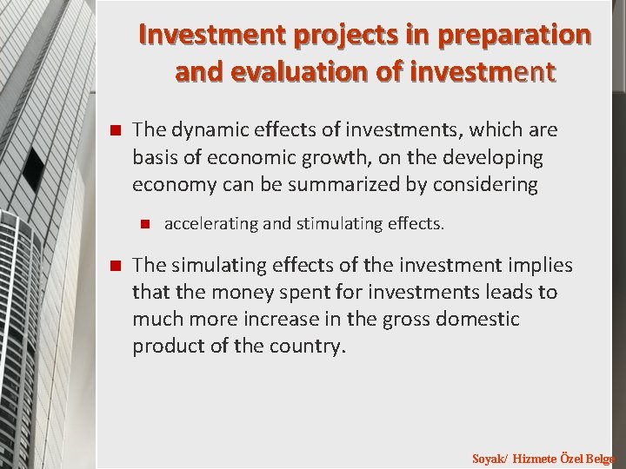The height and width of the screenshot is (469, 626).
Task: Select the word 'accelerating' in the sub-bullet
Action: point(210,224)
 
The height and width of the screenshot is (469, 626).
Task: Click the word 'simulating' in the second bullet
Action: point(213,265)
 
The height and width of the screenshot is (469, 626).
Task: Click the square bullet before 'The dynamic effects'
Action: point(112,131)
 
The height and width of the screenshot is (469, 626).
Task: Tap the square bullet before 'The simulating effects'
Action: point(112,266)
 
